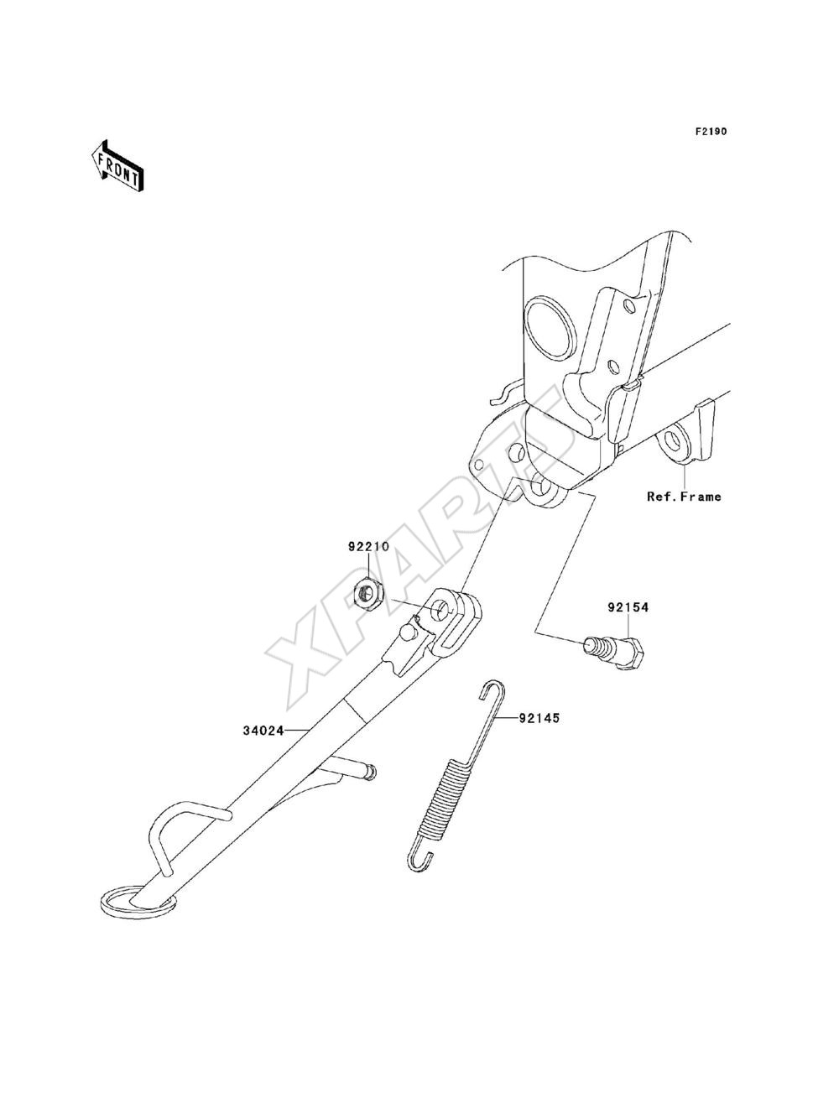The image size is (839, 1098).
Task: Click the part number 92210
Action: (368, 547)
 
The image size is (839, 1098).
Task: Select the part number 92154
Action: (628, 607)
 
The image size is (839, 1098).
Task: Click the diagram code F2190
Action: (711, 132)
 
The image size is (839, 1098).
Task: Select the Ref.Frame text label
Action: (684, 497)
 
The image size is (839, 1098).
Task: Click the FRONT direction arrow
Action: (117, 166)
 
